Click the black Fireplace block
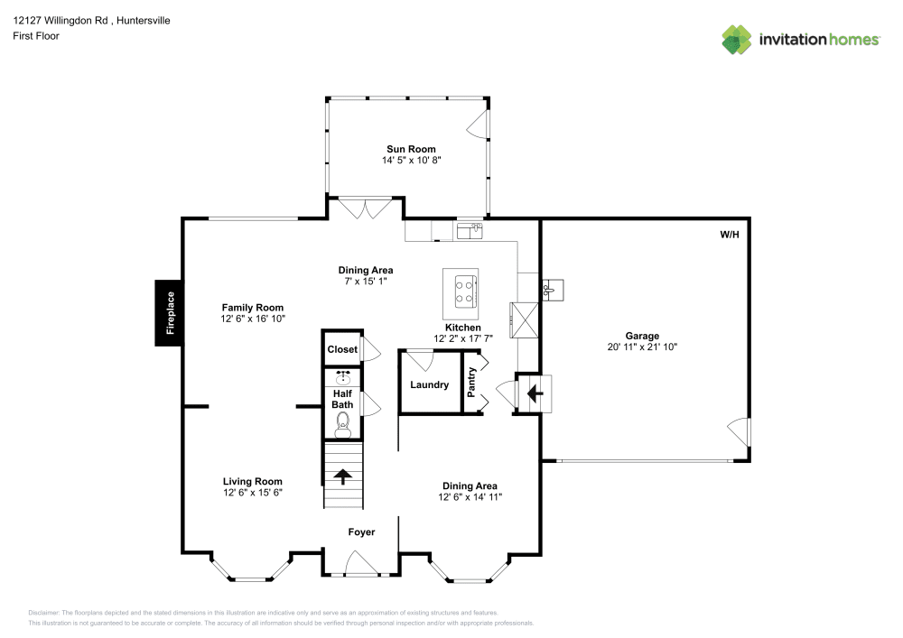click(x=168, y=313)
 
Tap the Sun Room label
click(x=411, y=149)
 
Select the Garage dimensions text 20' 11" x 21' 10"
click(x=642, y=347)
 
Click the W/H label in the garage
click(x=729, y=235)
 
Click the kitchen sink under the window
click(x=469, y=232)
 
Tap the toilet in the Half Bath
click(x=342, y=420)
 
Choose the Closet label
click(x=342, y=349)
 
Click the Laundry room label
click(x=429, y=385)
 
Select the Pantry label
click(x=471, y=382)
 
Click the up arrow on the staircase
click(x=343, y=476)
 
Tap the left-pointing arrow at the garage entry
click(x=534, y=393)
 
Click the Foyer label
click(x=361, y=532)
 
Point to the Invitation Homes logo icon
click(x=737, y=39)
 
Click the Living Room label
click(x=253, y=482)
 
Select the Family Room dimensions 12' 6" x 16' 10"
click(x=253, y=319)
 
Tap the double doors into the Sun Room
click(x=366, y=208)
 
